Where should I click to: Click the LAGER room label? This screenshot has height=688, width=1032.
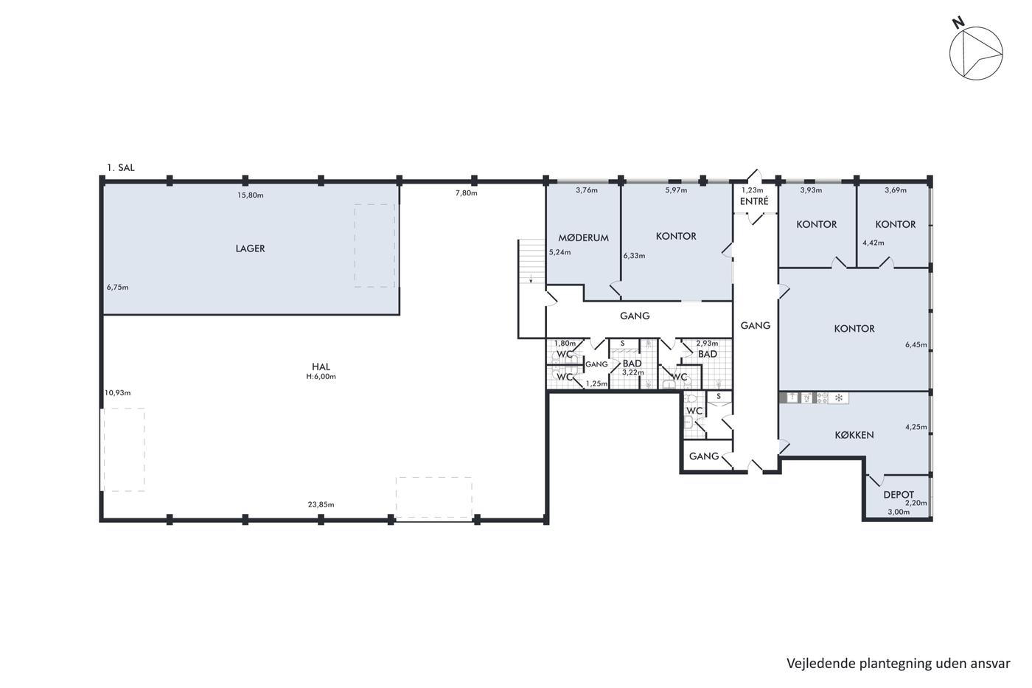click(250, 249)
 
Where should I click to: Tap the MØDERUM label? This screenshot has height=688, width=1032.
click(583, 237)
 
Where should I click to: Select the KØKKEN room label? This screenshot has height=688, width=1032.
click(854, 435)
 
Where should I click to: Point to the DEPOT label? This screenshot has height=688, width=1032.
click(899, 495)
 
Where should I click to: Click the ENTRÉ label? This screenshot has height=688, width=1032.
click(754, 201)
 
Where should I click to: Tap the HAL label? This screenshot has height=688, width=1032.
click(321, 366)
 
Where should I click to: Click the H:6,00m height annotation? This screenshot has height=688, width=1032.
click(321, 377)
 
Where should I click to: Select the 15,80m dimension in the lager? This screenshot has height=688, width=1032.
click(251, 195)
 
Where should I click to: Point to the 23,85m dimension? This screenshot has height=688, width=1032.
click(321, 504)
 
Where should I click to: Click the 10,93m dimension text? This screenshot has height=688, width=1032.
click(117, 393)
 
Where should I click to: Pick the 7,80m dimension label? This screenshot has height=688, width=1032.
click(466, 193)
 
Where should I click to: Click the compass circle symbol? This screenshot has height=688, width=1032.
click(976, 27)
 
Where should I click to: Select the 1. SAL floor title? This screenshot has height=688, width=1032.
click(121, 167)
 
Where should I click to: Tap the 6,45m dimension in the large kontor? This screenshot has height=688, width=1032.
click(916, 344)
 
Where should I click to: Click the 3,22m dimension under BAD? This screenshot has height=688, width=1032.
click(632, 372)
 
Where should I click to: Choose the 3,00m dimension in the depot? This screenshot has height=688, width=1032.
click(899, 512)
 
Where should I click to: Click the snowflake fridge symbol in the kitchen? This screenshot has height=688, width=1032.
click(839, 397)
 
